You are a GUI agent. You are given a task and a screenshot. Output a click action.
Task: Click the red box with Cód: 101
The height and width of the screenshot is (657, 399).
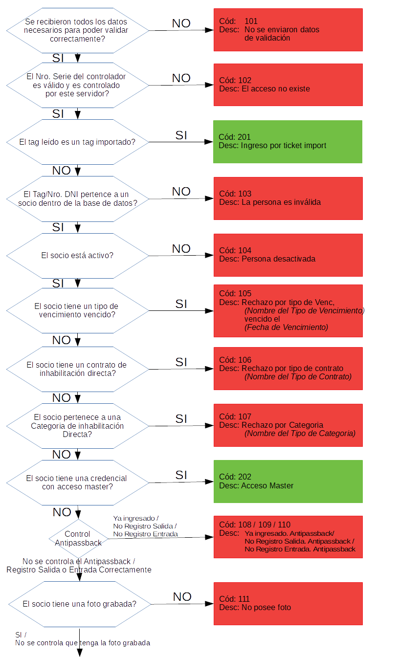click(x=288, y=29)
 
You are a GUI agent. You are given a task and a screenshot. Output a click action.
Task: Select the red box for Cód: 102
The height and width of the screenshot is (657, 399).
click(x=288, y=85)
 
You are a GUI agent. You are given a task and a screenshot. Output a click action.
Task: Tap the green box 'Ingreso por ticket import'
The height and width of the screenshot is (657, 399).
click(x=288, y=141)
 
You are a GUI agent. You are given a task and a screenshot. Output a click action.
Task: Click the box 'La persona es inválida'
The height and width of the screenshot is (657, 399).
click(x=288, y=198)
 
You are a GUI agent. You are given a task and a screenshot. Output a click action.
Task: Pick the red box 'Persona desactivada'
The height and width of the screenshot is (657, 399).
click(x=288, y=255)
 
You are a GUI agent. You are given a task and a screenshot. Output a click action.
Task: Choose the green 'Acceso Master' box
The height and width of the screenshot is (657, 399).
click(x=288, y=481)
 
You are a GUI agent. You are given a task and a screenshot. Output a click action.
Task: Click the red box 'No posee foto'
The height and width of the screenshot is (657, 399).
click(x=288, y=603)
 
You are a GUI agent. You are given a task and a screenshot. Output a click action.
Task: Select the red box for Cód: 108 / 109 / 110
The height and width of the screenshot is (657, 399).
click(x=288, y=537)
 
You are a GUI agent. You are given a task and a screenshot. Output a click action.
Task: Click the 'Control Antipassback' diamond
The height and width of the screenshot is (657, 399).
click(x=78, y=538)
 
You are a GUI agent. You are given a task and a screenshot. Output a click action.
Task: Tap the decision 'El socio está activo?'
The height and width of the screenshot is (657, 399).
click(x=77, y=255)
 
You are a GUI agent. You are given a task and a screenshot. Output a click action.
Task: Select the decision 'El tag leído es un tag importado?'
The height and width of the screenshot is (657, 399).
click(x=77, y=142)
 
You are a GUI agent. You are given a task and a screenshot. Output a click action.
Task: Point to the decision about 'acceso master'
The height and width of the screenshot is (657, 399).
click(x=77, y=482)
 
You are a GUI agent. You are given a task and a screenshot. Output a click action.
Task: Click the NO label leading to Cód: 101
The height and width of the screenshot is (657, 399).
click(x=181, y=23)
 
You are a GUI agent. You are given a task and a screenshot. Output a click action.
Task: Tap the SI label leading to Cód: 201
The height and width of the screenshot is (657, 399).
click(x=181, y=135)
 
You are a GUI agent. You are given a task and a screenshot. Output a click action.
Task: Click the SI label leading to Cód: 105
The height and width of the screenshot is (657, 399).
click(x=181, y=304)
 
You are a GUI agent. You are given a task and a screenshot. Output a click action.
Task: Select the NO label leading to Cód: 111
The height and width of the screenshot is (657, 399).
click(x=182, y=596)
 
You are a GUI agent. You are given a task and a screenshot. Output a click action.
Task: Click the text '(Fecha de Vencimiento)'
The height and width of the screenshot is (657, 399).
click(x=286, y=328)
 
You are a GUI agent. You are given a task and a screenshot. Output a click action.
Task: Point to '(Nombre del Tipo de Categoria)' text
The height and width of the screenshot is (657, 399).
click(x=300, y=434)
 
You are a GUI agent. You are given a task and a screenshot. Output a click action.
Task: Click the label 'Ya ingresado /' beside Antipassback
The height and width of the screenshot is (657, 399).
click(x=136, y=518)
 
